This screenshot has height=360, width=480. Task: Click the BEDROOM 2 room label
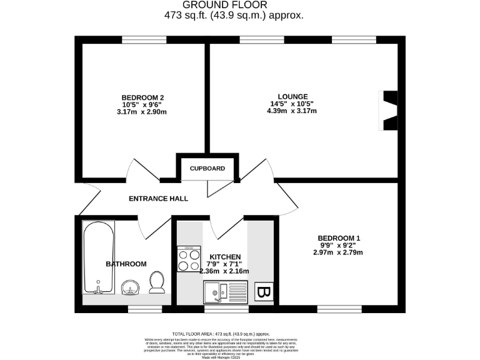(x=143, y=97)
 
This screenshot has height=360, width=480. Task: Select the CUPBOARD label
(x=207, y=169)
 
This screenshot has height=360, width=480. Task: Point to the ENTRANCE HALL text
(x=158, y=199)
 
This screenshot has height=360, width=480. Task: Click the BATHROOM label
(x=126, y=264)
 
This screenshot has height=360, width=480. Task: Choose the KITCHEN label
(x=225, y=256)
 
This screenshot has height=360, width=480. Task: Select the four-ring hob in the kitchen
(x=189, y=259)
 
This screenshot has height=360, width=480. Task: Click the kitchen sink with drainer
(x=226, y=291)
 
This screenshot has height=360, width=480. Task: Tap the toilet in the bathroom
(x=156, y=282)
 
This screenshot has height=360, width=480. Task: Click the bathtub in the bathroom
(x=99, y=257)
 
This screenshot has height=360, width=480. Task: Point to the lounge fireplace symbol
(x=389, y=111)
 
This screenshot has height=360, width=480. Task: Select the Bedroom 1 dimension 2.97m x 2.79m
(x=338, y=252)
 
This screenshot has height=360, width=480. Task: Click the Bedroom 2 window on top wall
(x=144, y=40)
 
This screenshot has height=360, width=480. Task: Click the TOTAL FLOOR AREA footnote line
(x=225, y=334)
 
